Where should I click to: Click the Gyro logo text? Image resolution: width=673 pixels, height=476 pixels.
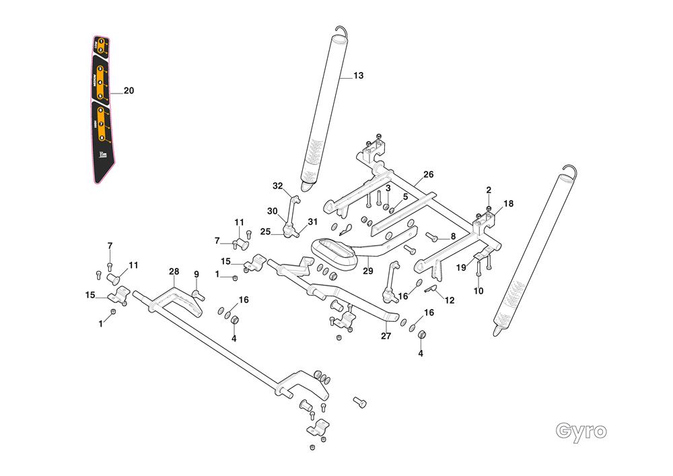point(581,430)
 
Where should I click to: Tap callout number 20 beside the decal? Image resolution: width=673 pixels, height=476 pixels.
point(129,91)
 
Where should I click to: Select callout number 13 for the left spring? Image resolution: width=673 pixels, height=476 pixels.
point(358,76)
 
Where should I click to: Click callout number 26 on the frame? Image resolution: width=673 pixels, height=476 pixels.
point(429,175)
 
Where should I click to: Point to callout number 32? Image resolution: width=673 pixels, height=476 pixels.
point(278,186)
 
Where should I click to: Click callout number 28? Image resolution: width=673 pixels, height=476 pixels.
point(174,271)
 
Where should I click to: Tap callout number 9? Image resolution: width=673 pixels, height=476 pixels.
point(197,274)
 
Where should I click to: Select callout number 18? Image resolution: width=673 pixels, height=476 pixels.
point(508,203)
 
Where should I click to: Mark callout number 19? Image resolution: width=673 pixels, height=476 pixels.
point(462,267)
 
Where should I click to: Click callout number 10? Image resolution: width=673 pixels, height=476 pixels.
point(479,291)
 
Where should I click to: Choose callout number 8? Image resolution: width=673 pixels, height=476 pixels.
point(453,236)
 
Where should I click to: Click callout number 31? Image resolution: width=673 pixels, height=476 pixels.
point(312,222)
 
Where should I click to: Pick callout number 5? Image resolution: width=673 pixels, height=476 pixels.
point(405,197)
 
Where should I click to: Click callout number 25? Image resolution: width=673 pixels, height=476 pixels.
point(266,232)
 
